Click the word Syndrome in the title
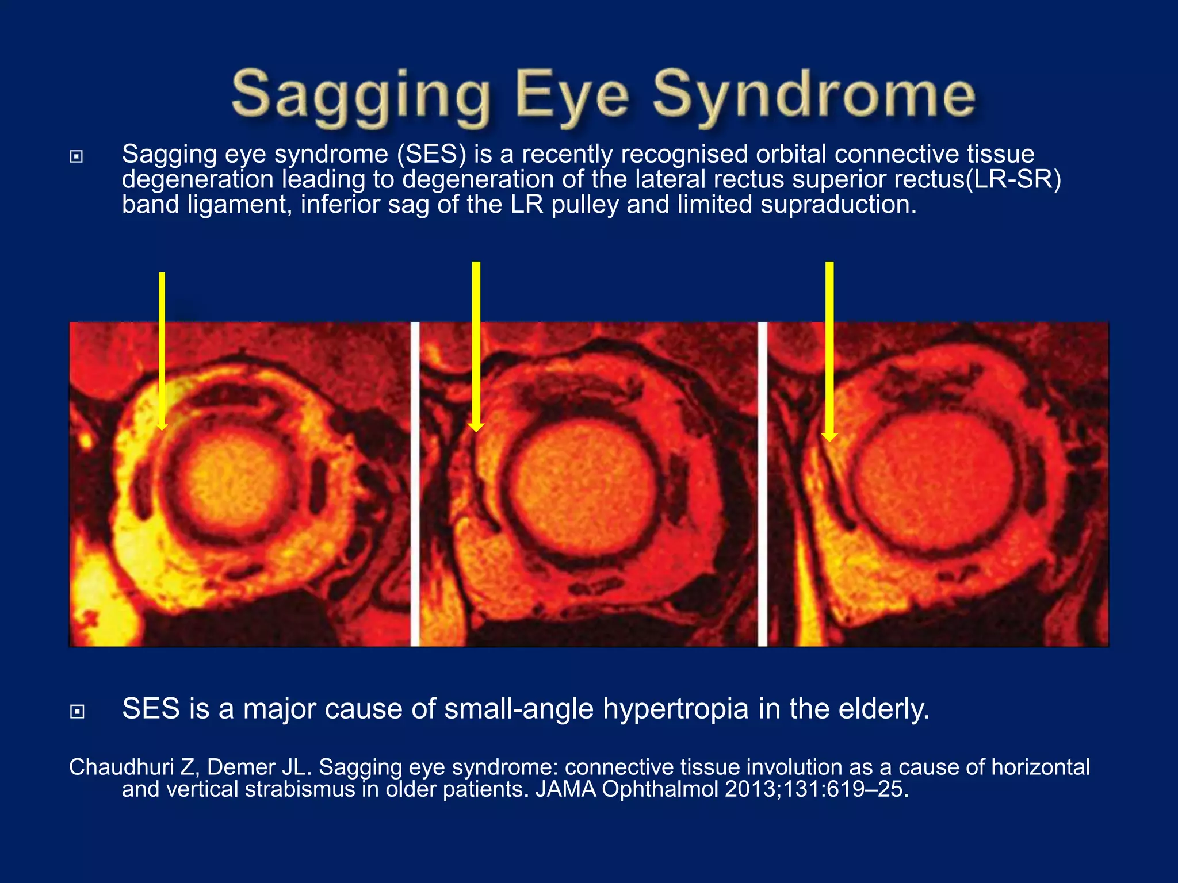(814, 95)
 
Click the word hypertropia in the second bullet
(675, 709)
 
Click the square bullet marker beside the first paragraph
(77, 156)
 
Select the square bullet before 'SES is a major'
(77, 712)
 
